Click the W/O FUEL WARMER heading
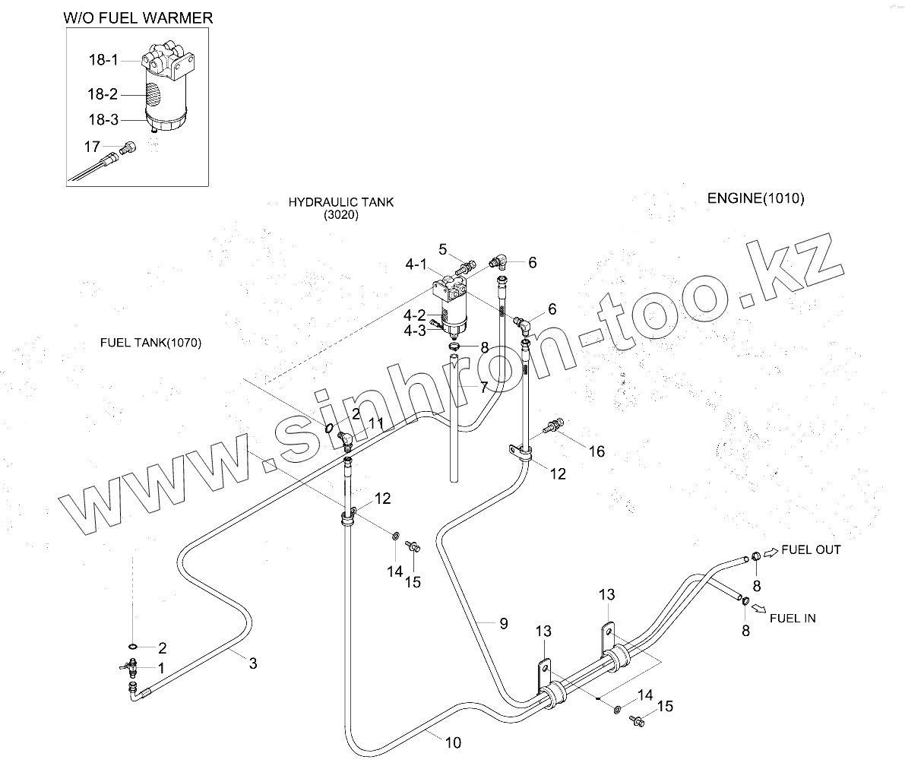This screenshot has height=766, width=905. pyautogui.click(x=137, y=17)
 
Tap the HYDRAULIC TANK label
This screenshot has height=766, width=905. pyautogui.click(x=340, y=202)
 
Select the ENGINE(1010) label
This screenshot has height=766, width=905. pyautogui.click(x=755, y=198)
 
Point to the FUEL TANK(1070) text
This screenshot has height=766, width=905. pyautogui.click(x=150, y=343)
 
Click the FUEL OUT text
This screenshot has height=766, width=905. pyautogui.click(x=811, y=549)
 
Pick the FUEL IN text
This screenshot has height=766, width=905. pyautogui.click(x=793, y=618)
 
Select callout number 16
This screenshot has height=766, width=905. pyautogui.click(x=596, y=451)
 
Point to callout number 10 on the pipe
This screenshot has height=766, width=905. pyautogui.click(x=452, y=742)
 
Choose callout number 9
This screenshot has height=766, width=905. pyautogui.click(x=503, y=623)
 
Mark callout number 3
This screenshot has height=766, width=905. pyautogui.click(x=253, y=663)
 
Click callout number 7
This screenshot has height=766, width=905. pyautogui.click(x=483, y=388)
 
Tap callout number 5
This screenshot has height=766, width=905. pyautogui.click(x=444, y=248)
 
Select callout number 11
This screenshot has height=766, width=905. pyautogui.click(x=376, y=423)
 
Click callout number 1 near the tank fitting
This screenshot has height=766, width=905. pyautogui.click(x=160, y=666)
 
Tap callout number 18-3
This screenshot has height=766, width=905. pyautogui.click(x=103, y=119)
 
